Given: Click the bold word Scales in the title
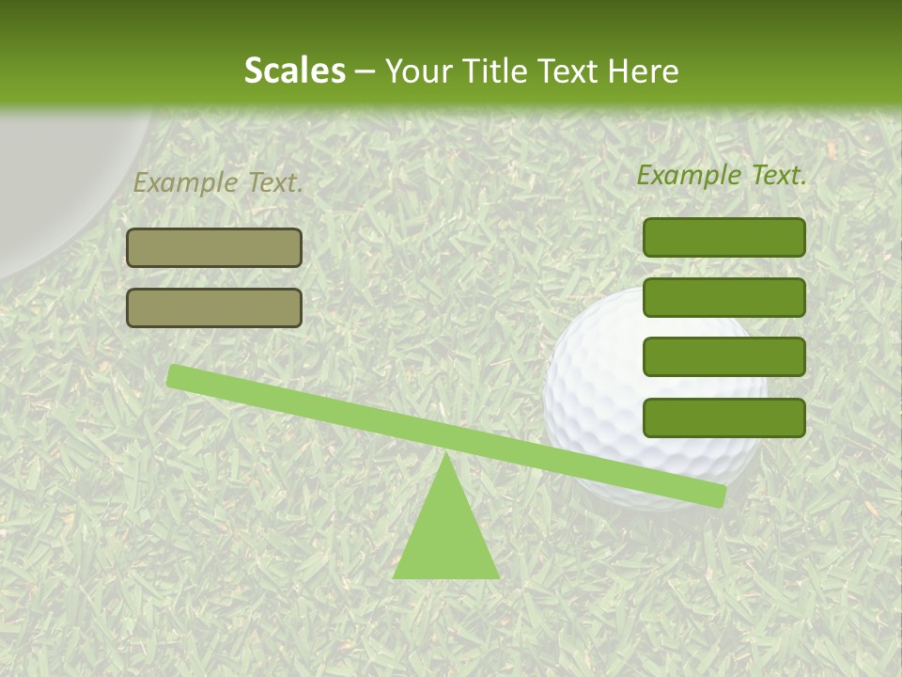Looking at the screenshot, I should [294, 71].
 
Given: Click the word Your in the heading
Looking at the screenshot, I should [419, 71].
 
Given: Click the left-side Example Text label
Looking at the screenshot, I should [218, 182].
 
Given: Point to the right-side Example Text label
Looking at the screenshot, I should [722, 175].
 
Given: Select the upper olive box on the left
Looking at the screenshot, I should [214, 247].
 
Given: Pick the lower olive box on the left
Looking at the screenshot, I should [214, 307].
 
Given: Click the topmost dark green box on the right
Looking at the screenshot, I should [723, 237].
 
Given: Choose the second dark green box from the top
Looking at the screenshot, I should [723, 297].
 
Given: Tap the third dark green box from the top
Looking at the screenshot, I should [723, 356].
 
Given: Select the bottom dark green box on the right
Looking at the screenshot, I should [723, 417].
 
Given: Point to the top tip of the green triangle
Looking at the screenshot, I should [446, 457].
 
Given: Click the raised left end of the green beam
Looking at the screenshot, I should [179, 376].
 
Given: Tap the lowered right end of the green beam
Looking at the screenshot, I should [714, 495].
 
